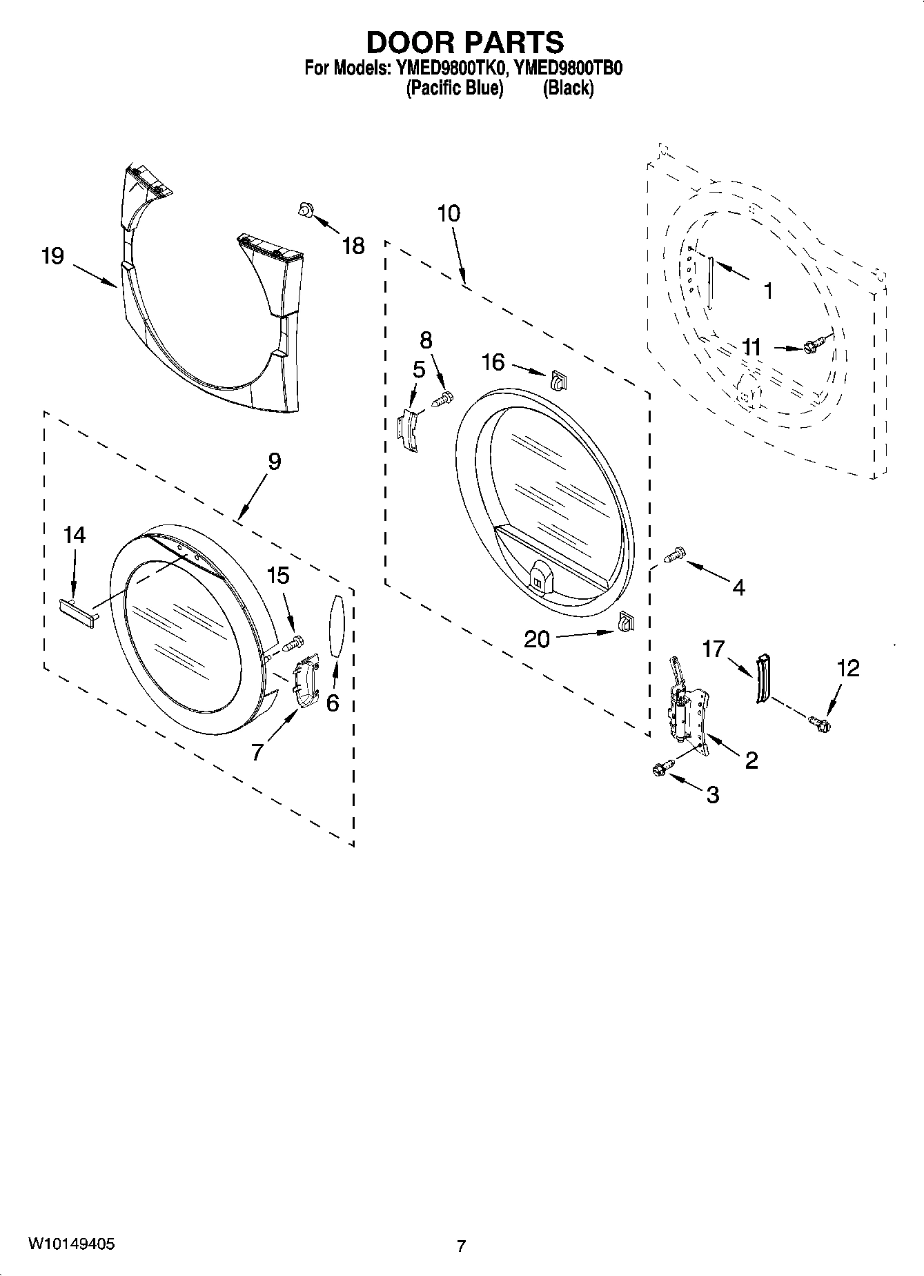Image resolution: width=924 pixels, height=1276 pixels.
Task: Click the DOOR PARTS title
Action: click(x=464, y=43)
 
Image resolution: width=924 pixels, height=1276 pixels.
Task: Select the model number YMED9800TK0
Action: click(x=451, y=68)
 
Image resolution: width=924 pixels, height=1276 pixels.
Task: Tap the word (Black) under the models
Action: click(x=567, y=88)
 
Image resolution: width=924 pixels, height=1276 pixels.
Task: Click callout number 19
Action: click(x=52, y=256)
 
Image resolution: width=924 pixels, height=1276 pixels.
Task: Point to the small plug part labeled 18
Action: click(x=304, y=209)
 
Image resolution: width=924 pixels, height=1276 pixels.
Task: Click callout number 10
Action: click(x=449, y=213)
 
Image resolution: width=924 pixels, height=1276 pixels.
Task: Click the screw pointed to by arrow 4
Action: click(x=674, y=554)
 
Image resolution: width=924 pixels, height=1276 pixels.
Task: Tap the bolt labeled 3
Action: click(x=659, y=768)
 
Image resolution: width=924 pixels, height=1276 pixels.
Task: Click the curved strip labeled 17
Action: click(x=762, y=678)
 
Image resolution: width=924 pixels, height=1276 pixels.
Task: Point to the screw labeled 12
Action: click(x=820, y=723)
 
